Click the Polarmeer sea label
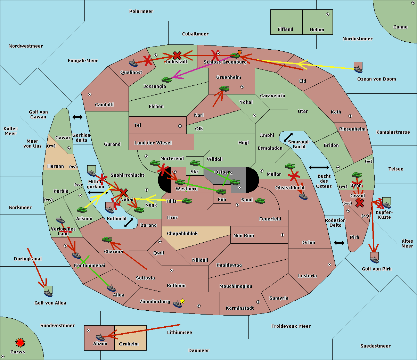click(x=141, y=11)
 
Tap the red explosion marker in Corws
click(x=20, y=343)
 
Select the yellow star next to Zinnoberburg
click(x=182, y=301)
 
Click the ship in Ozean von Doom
click(x=358, y=69)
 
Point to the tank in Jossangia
click(x=167, y=80)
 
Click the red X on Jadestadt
click(x=177, y=55)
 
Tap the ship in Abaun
click(x=100, y=337)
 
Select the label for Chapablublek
click(x=182, y=234)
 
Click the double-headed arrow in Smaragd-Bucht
click(x=288, y=137)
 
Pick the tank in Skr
click(x=195, y=162)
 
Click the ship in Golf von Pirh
click(x=374, y=259)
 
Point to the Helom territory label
click(x=317, y=30)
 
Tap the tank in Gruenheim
click(x=224, y=89)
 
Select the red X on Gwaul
click(x=360, y=203)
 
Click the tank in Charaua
click(x=107, y=240)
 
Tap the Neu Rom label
click(x=244, y=236)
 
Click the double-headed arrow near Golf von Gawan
click(x=77, y=117)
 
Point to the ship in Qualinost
click(x=133, y=63)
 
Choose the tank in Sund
click(x=260, y=201)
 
